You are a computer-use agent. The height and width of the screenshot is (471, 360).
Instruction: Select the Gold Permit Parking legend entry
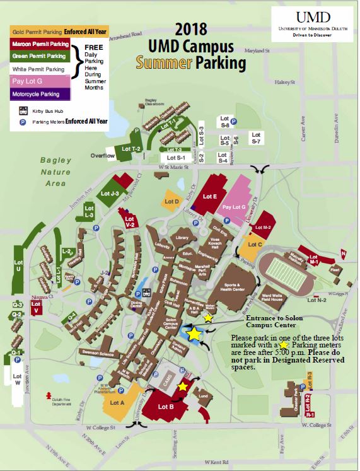tap(36, 31)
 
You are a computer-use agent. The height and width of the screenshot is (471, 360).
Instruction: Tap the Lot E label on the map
tap(209, 197)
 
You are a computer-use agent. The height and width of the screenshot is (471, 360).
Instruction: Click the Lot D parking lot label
tap(173, 201)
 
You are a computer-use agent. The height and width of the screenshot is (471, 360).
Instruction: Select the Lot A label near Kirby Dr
tap(119, 402)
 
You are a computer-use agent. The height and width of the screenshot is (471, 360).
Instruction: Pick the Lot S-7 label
tap(256, 138)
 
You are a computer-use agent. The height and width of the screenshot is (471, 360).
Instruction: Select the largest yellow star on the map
tap(194, 334)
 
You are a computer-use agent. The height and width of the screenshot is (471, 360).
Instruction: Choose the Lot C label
tap(255, 244)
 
